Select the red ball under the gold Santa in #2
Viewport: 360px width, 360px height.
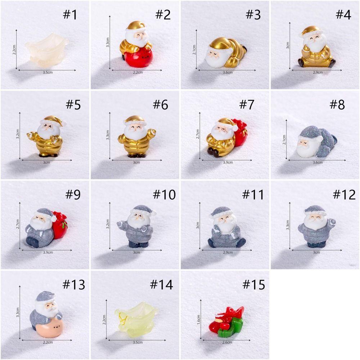click(x=139, y=57)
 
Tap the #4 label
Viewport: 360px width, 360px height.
click(x=343, y=15)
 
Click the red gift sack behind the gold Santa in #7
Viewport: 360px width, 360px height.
click(x=240, y=132)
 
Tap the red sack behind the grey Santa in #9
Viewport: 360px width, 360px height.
click(x=60, y=225)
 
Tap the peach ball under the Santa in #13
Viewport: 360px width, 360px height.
click(x=49, y=326)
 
